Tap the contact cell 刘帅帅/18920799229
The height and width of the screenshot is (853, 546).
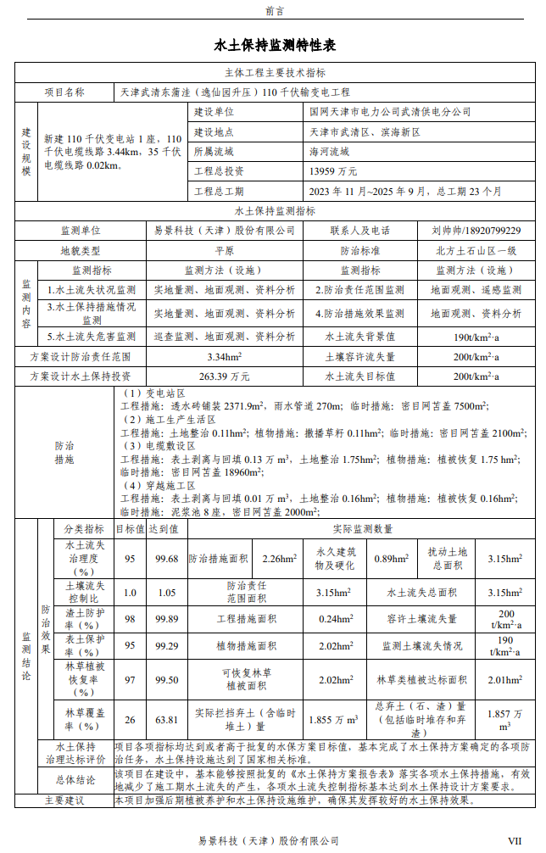[x=476, y=230]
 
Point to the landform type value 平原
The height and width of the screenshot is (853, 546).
[x=224, y=251]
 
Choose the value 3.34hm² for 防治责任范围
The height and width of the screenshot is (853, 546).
[x=224, y=357]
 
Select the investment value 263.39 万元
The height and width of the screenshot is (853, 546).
[x=224, y=376]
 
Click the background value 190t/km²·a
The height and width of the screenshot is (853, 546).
[x=476, y=337]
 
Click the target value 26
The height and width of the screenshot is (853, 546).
[x=130, y=720]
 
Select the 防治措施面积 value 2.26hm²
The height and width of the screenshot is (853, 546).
[x=279, y=559]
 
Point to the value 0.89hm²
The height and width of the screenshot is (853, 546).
[x=393, y=559]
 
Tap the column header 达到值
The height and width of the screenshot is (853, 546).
[x=166, y=528]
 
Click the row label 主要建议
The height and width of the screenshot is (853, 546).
[x=64, y=800]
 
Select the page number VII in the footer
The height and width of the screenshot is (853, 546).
[x=514, y=840]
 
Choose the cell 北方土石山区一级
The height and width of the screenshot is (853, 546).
[x=476, y=251]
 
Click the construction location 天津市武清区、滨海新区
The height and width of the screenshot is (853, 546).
[x=365, y=132]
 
